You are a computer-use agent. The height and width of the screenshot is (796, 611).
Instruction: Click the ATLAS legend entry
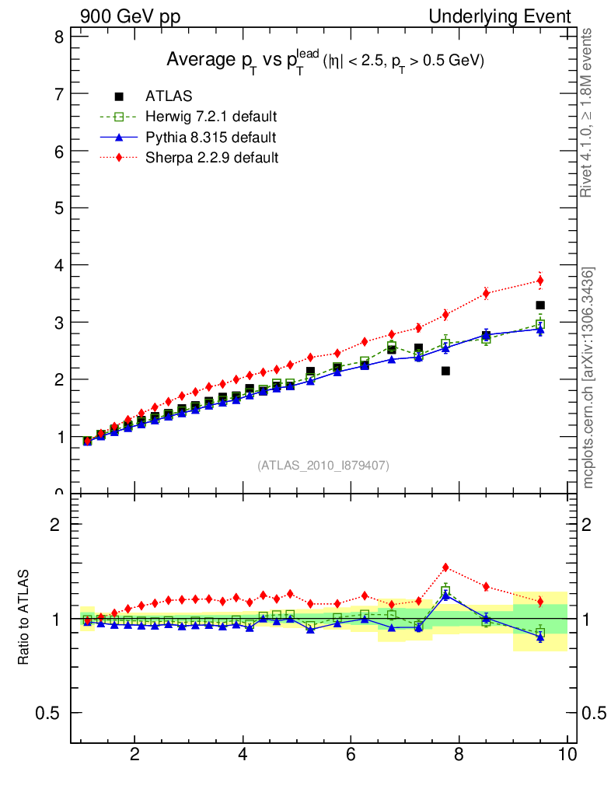[x=169, y=96]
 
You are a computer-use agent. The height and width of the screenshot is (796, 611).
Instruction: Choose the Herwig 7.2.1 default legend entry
[x=211, y=117]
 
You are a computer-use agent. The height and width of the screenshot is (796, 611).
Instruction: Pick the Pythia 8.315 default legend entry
[x=210, y=138]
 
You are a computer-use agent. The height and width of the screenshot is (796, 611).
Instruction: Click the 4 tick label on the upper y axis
[x=58, y=265]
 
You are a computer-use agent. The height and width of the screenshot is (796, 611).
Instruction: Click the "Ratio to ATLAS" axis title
[x=24, y=618]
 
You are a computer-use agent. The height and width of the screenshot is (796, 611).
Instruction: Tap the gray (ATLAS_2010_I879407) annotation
[x=323, y=466]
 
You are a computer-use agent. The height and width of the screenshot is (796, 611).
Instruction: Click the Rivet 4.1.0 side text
[x=588, y=113]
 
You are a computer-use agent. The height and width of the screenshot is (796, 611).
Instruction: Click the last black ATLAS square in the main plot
[x=540, y=305]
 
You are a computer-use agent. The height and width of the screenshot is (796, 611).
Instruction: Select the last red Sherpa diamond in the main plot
[x=540, y=281]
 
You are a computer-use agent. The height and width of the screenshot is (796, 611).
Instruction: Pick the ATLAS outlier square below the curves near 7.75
[x=445, y=371]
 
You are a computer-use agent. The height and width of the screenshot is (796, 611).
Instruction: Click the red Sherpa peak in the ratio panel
[x=445, y=567]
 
